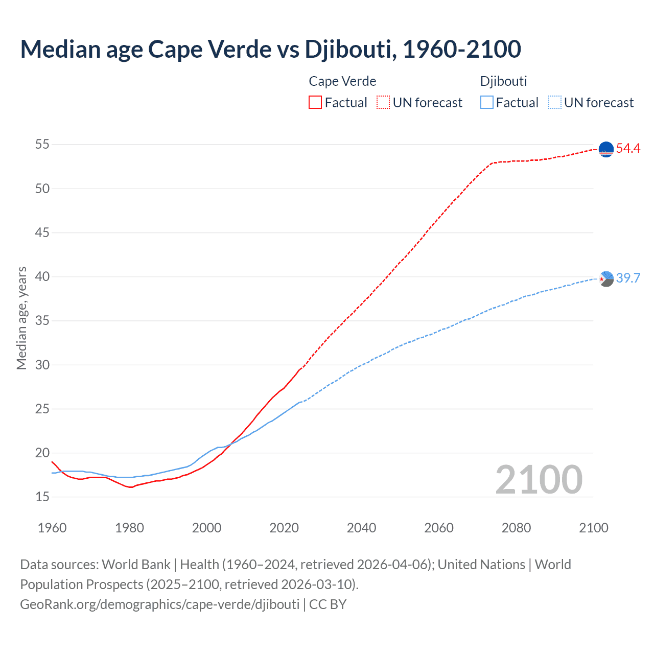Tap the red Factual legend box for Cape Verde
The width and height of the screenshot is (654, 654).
click(315, 102)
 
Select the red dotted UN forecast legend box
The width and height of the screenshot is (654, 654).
click(383, 102)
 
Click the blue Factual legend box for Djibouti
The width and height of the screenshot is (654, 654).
click(487, 102)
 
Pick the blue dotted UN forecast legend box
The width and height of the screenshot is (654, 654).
click(554, 102)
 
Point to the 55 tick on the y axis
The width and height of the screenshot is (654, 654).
click(42, 145)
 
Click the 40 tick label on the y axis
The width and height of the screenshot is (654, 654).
click(42, 277)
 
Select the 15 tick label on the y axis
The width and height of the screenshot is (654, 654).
click(42, 497)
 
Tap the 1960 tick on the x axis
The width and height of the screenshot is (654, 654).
click(52, 528)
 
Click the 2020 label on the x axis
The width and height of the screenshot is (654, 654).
click(284, 528)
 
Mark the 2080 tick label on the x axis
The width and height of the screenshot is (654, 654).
click(516, 528)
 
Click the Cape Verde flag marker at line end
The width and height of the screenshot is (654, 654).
click(606, 149)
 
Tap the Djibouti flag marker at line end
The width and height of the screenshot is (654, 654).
click(606, 278)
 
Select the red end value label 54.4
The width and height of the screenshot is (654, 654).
click(628, 149)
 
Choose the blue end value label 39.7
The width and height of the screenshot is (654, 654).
click(628, 278)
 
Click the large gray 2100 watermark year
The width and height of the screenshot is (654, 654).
click(539, 480)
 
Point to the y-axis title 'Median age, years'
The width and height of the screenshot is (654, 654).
click(21, 318)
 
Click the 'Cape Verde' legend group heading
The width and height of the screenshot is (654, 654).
click(342, 81)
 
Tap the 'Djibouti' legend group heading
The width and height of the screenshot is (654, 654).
click(503, 81)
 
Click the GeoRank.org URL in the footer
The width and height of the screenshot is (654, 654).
click(159, 604)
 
